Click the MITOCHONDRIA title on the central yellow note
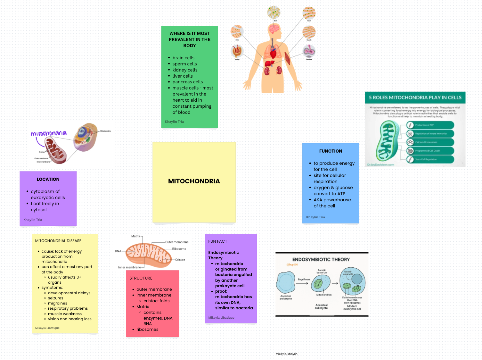coord(194,181)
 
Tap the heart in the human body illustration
coord(273,50)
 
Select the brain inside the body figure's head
coord(274,29)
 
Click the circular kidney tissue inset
coord(237,51)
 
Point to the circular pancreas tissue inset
coord(309,51)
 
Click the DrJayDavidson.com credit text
coord(380,165)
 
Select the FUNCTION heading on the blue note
coord(331,151)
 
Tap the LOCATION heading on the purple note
coord(48,179)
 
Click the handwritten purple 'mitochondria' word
coord(49,133)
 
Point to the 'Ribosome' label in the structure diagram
coord(179,249)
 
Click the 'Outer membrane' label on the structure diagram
coord(177,242)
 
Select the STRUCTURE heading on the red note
coord(141,278)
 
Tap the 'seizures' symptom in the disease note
coord(55,298)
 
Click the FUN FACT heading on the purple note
coord(217,241)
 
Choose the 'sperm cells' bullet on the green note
coord(184,64)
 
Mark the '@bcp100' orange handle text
coord(292,265)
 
